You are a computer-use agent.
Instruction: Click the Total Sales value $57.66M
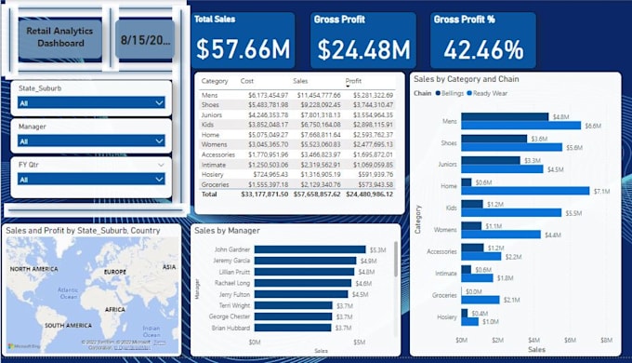tap(244, 48)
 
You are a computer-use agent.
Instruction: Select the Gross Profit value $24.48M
tap(362, 48)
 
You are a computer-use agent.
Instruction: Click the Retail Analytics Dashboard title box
tap(61, 36)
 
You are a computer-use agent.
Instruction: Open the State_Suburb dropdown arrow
tap(159, 104)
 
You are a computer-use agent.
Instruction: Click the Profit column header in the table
tap(354, 82)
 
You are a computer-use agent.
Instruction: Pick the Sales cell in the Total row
tap(317, 195)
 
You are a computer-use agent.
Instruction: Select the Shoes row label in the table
tap(212, 104)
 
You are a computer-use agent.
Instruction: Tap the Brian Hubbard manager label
tap(231, 329)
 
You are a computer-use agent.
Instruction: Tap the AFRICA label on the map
tap(114, 310)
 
